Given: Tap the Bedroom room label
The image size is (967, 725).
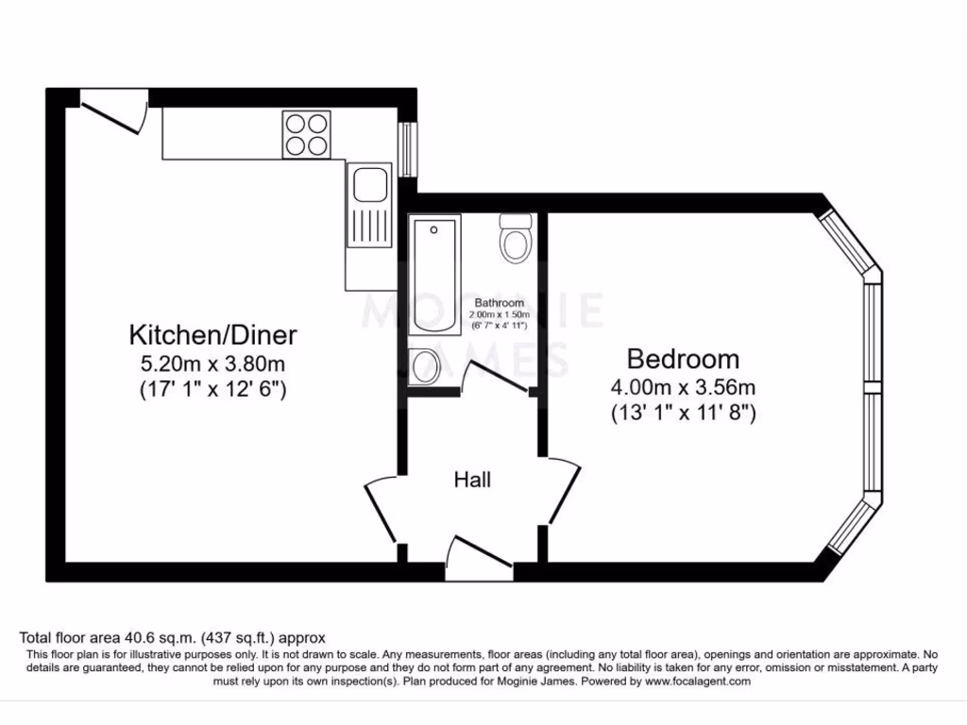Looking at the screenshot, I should (683, 359).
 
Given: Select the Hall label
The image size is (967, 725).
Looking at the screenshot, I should (472, 480).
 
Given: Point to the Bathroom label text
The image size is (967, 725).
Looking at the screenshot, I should (500, 303).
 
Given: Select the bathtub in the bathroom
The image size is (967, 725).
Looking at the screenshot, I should (434, 273).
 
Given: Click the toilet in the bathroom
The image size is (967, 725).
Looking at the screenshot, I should (516, 238).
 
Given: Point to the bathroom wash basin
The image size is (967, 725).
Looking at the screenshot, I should (424, 365).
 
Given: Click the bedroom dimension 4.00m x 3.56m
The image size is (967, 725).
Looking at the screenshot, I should (683, 387).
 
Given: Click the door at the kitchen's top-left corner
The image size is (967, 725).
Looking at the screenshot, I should (115, 112).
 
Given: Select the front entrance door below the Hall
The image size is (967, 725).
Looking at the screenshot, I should (477, 555).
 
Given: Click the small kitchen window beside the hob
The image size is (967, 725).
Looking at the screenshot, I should (408, 148).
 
